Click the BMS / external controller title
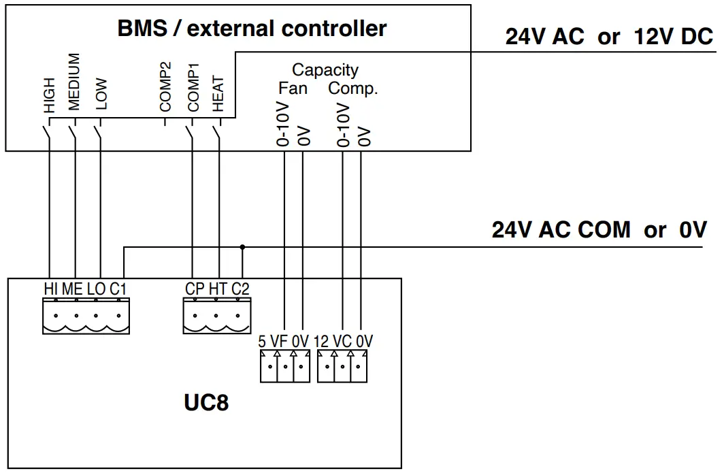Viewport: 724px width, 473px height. [x=252, y=29]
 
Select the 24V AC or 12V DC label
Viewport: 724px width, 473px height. [x=608, y=37]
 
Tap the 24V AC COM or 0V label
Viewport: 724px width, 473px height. [x=599, y=229]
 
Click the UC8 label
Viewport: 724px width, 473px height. [x=205, y=403]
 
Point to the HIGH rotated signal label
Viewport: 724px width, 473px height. [x=49, y=94]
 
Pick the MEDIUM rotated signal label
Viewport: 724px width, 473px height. [x=74, y=82]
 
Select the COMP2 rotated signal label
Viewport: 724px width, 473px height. [x=165, y=86]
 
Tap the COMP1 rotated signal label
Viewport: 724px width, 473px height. [x=193, y=86]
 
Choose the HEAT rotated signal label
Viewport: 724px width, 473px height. [x=218, y=93]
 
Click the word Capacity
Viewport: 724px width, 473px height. [x=325, y=69]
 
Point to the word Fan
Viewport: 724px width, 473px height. [x=293, y=88]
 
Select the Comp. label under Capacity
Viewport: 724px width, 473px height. [x=352, y=88]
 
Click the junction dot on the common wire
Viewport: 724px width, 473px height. [x=242, y=247]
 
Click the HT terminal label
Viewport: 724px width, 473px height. [x=218, y=289]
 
